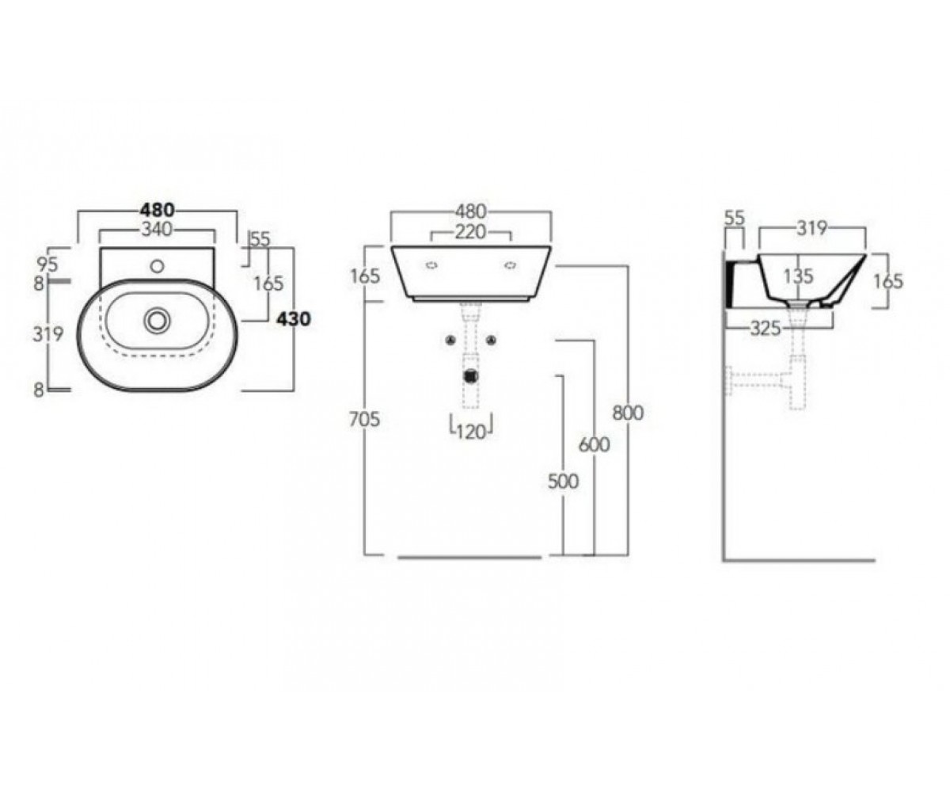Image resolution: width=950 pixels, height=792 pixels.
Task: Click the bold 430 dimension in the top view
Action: [x=294, y=319]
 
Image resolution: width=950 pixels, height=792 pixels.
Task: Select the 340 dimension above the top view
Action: [x=157, y=230]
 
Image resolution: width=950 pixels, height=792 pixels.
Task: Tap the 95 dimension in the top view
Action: [x=47, y=264]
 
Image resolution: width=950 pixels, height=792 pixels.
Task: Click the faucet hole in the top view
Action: [x=158, y=266]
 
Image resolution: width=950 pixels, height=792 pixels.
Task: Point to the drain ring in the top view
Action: [x=157, y=320]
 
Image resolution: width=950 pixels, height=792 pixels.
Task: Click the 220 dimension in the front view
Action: [x=470, y=232]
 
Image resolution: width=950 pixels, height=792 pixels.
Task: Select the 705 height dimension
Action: [x=364, y=419]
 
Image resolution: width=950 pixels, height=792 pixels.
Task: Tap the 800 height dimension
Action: [x=628, y=413]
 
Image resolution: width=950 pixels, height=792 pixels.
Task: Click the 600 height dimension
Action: [x=595, y=444]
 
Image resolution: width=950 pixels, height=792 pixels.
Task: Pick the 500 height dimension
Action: [x=563, y=481]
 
